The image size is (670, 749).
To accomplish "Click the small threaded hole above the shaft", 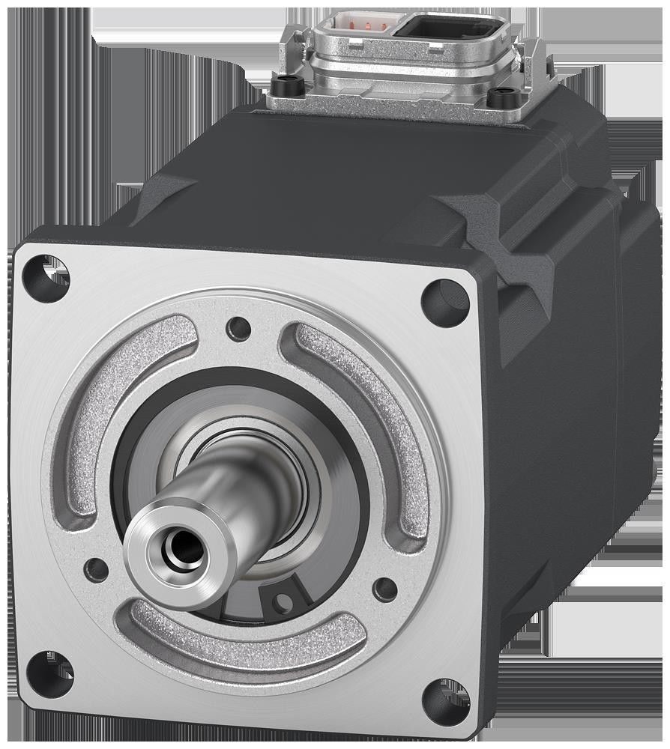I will [x=239, y=327].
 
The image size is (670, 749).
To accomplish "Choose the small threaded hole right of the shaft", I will [x=385, y=589].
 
